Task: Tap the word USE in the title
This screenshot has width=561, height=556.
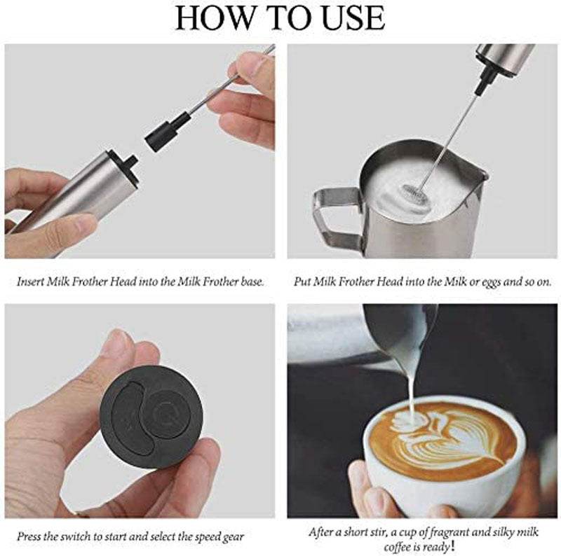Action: [353, 18]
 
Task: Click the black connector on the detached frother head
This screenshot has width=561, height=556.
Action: [167, 131]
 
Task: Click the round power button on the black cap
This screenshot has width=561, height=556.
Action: [168, 415]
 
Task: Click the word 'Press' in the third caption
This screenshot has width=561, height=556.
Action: [29, 536]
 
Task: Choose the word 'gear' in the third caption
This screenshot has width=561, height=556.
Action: [235, 536]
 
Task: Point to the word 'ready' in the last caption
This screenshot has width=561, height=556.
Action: [437, 547]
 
